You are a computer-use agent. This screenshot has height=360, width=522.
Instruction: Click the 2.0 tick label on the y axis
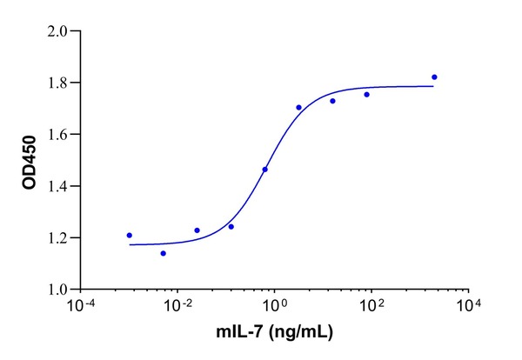[x=58, y=31]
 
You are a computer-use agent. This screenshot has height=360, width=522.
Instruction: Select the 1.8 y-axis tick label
[x=58, y=83]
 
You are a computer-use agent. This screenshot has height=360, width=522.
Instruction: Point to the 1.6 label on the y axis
[x=58, y=134]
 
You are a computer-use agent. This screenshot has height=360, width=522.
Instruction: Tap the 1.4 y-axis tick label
[x=58, y=186]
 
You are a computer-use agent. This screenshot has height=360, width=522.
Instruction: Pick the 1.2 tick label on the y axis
[x=58, y=237]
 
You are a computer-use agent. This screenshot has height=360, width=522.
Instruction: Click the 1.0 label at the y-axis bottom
[x=58, y=289]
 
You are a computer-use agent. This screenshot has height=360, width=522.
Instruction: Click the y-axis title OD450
[x=30, y=160]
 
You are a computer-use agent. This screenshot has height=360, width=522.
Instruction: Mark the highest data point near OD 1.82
[x=434, y=77]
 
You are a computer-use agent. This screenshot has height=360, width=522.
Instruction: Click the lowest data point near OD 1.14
[x=163, y=253]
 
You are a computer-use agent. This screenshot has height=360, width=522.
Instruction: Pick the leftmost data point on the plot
[x=130, y=235]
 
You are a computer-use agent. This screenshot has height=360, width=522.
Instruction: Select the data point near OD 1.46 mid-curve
[x=264, y=170]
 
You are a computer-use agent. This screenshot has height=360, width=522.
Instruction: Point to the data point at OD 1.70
[x=298, y=108]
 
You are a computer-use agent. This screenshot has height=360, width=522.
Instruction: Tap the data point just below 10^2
[x=366, y=94]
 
